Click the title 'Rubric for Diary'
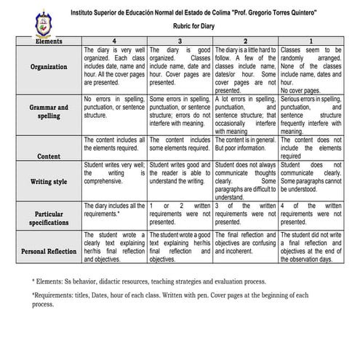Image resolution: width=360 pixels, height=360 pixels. click(198, 29)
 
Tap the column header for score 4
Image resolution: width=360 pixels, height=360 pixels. click(113, 41)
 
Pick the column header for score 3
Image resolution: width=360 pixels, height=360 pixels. click(180, 41)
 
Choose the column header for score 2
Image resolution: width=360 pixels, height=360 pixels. click(246, 41)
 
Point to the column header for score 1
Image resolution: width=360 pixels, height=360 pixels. click(311, 41)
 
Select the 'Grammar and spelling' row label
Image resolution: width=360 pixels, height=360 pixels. click(49, 111)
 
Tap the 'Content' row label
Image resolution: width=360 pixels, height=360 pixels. click(49, 156)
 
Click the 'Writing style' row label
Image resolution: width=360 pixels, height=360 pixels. click(49, 181)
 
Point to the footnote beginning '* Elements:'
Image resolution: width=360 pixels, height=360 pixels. click(149, 281)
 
